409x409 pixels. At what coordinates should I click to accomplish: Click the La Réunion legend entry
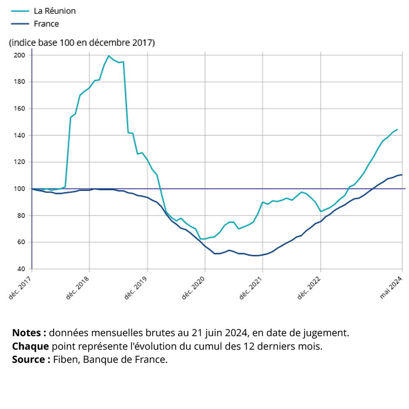click(54, 11)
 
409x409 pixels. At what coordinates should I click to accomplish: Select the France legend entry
click(46, 24)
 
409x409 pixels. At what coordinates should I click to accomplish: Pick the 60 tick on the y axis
click(21, 242)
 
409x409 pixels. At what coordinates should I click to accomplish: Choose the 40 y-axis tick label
click(21, 269)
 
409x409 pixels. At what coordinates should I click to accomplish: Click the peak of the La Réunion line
click(108, 56)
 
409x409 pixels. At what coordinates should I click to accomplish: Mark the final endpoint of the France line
click(402, 175)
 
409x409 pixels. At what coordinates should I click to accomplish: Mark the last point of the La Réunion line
click(397, 130)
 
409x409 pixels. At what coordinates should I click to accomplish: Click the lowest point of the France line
click(256, 256)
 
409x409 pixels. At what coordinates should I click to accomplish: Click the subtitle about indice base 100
click(82, 43)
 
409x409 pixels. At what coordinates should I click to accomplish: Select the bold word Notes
click(27, 333)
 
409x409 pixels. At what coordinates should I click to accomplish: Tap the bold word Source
click(29, 360)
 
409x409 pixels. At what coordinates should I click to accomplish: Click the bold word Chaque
click(31, 346)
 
